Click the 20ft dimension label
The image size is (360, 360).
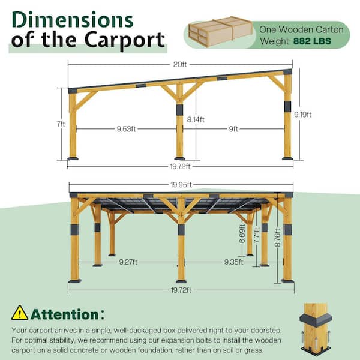click(x=180, y=65)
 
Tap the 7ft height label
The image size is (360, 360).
click(x=61, y=124)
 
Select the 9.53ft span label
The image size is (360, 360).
click(x=126, y=129)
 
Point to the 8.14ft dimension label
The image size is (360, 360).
click(x=196, y=119)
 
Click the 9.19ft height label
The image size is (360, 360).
click(x=303, y=115)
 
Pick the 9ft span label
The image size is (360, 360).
click(x=233, y=129)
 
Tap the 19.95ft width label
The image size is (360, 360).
click(x=181, y=185)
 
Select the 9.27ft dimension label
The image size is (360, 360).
click(x=128, y=262)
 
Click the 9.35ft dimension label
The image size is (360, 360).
click(x=233, y=262)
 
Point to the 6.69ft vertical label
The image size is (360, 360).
click(x=242, y=234)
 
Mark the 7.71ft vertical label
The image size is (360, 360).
click(x=257, y=235)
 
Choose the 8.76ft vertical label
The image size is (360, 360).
click(x=277, y=238)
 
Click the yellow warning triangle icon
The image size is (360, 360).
click(x=20, y=313)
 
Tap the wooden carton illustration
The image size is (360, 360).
click(x=220, y=31)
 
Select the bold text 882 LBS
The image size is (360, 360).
click(x=312, y=41)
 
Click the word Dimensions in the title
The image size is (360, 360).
click(x=73, y=20)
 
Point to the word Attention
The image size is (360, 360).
click(x=65, y=314)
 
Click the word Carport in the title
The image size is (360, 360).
click(x=124, y=40)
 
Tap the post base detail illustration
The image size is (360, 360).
click(x=316, y=329)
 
